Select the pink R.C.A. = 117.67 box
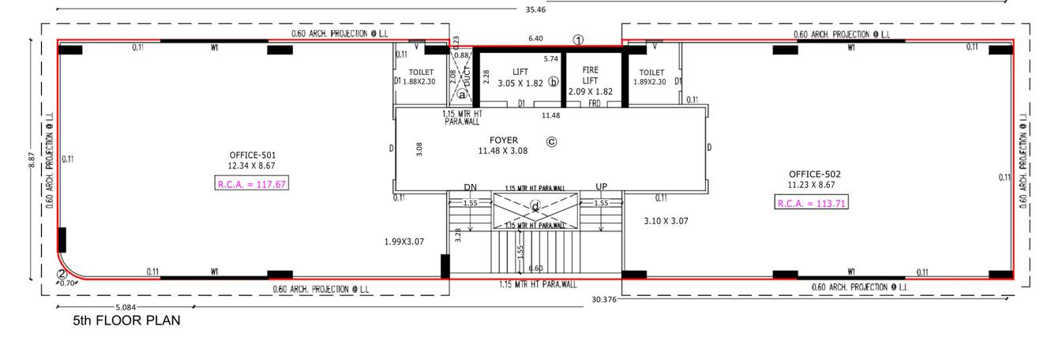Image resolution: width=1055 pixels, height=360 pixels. [252, 185]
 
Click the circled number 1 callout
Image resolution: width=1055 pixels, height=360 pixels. [578, 39]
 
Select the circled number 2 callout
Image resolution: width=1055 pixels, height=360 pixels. [62, 275]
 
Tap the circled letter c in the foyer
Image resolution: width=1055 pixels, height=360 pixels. [552, 142]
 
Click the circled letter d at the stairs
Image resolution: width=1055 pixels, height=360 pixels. [535, 207]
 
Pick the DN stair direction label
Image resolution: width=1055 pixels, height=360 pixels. [471, 187]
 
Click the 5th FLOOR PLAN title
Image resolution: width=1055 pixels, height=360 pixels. [126, 321]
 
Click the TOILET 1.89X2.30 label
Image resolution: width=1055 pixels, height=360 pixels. [651, 77]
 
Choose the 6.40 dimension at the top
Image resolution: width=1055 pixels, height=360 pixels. [535, 38]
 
